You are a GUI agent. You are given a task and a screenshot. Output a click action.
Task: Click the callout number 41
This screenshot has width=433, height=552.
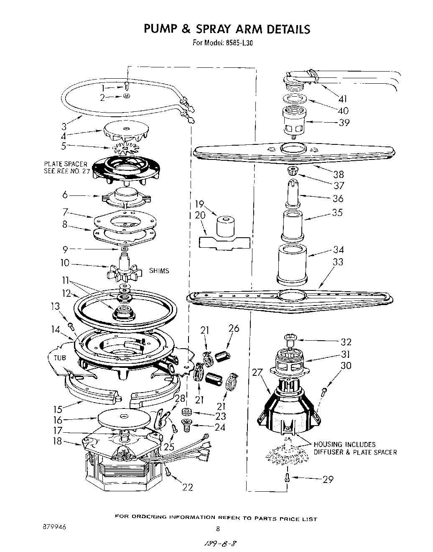pyautogui.click(x=343, y=99)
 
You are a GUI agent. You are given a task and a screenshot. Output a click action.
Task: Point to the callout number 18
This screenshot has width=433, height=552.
pyautogui.click(x=57, y=441)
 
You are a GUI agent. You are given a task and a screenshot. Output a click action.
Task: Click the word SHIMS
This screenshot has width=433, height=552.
pyautogui.click(x=159, y=271)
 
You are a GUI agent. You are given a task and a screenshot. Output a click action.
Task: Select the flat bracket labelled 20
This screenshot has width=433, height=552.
pyautogui.click(x=224, y=243)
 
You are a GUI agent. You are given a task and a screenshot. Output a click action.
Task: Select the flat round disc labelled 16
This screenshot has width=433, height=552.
pyautogui.click(x=124, y=417)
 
